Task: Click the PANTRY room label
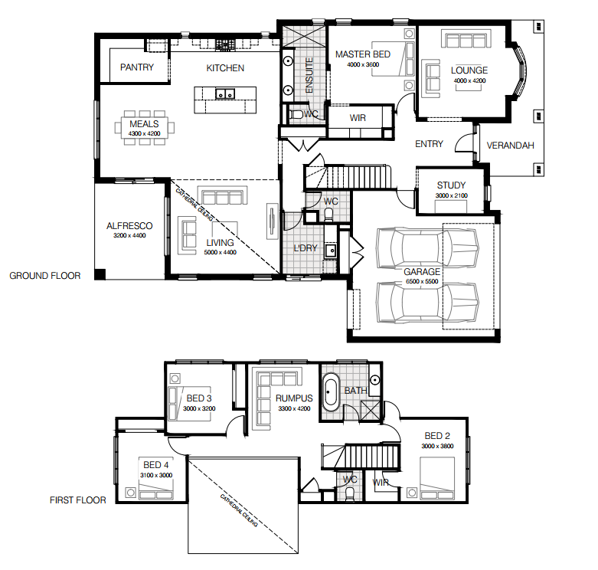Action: (x=137, y=67)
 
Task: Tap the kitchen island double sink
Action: (x=225, y=93)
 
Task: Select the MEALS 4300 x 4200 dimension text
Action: (x=144, y=133)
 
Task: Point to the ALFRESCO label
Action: (x=129, y=226)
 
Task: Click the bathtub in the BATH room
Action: (x=330, y=392)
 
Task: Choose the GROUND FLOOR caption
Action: (x=45, y=276)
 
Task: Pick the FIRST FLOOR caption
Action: (x=78, y=500)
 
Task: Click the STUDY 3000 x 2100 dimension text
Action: (x=452, y=195)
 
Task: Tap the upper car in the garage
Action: (x=427, y=248)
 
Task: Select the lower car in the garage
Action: (x=427, y=303)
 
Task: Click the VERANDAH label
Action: (x=510, y=146)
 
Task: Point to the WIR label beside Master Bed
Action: (x=358, y=118)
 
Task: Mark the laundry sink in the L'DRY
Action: (x=331, y=251)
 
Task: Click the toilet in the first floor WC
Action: (x=350, y=493)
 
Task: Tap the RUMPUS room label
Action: (x=294, y=398)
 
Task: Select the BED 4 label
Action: (x=156, y=465)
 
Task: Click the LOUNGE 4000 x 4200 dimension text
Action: (x=470, y=81)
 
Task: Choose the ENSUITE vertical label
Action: (x=309, y=75)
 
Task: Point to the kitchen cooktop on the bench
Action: (x=225, y=45)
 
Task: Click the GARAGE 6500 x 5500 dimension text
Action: (x=422, y=282)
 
